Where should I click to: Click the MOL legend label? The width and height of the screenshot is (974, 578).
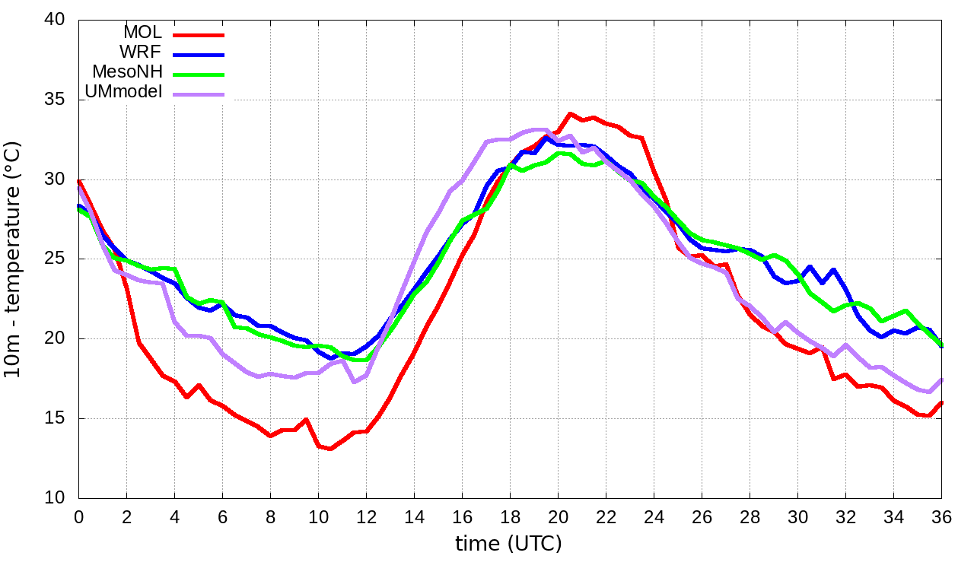pos(142,33)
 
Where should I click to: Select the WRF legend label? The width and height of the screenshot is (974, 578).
pos(141,52)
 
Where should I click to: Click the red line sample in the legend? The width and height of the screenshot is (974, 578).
pos(199,34)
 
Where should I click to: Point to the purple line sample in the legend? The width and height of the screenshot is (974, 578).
pos(199,94)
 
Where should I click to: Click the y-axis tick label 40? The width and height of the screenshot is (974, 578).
pos(55,21)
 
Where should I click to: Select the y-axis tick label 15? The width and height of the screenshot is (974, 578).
pos(55,418)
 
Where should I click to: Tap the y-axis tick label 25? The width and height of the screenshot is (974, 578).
pos(55,259)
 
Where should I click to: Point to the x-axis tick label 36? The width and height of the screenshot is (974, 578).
pos(942,516)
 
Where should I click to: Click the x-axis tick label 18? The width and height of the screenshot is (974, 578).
pos(510,516)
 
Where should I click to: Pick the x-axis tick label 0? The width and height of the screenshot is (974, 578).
pos(78,516)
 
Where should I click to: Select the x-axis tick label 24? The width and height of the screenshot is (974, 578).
pos(654,516)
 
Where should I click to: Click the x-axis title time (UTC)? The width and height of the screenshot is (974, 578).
pos(508,544)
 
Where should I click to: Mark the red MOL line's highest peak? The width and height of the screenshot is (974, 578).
pos(570,114)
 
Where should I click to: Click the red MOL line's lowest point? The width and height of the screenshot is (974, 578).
pos(330,449)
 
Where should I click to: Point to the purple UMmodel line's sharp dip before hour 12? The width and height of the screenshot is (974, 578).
pos(354,381)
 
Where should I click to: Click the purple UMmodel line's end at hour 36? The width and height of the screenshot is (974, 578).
pos(942,380)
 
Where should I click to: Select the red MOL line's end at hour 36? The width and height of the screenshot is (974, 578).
pos(942,402)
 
